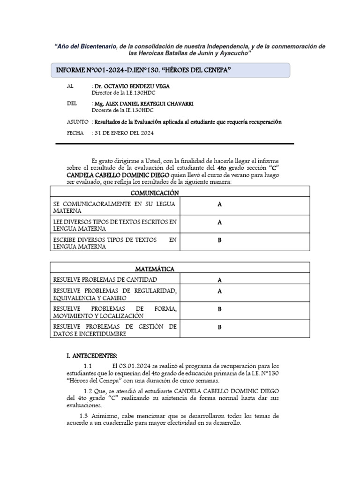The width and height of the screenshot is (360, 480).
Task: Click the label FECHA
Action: [75, 133]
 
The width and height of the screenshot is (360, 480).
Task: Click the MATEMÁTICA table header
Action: [155, 269]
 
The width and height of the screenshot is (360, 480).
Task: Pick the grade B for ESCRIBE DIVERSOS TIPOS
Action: [219, 241]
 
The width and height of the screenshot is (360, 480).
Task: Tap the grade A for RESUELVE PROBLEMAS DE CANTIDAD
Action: [219, 280]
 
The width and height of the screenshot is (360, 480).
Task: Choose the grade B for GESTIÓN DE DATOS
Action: [219, 328]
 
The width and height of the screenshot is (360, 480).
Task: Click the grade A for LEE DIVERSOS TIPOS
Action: [219, 223]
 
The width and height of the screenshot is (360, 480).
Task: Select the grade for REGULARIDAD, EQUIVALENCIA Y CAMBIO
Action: [219, 292]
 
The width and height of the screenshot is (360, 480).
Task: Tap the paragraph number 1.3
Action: [84, 416]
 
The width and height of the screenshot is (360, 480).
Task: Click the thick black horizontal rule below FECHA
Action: [175, 144]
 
